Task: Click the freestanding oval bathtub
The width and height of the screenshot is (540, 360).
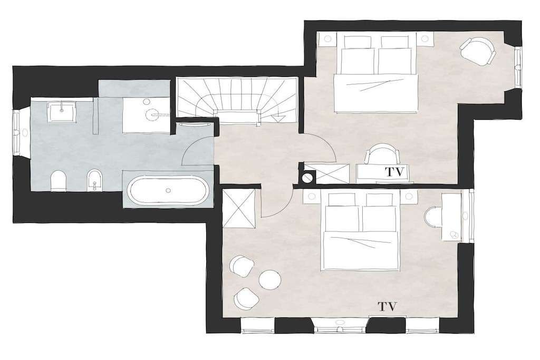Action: pyautogui.click(x=168, y=190)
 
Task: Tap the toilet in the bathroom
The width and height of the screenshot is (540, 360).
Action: pyautogui.click(x=58, y=181)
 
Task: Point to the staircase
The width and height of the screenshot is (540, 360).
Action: pyautogui.click(x=237, y=100)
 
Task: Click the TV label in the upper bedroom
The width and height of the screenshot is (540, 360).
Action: pyautogui.click(x=393, y=171)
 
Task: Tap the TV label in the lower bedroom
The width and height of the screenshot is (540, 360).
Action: pyautogui.click(x=388, y=306)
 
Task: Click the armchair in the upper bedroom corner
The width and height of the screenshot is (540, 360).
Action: pyautogui.click(x=479, y=51)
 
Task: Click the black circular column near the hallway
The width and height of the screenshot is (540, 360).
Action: pyautogui.click(x=307, y=178)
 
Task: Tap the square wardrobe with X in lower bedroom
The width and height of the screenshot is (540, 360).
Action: pyautogui.click(x=239, y=209)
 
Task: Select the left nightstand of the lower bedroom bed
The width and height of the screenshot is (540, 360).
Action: pyautogui.click(x=312, y=196)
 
